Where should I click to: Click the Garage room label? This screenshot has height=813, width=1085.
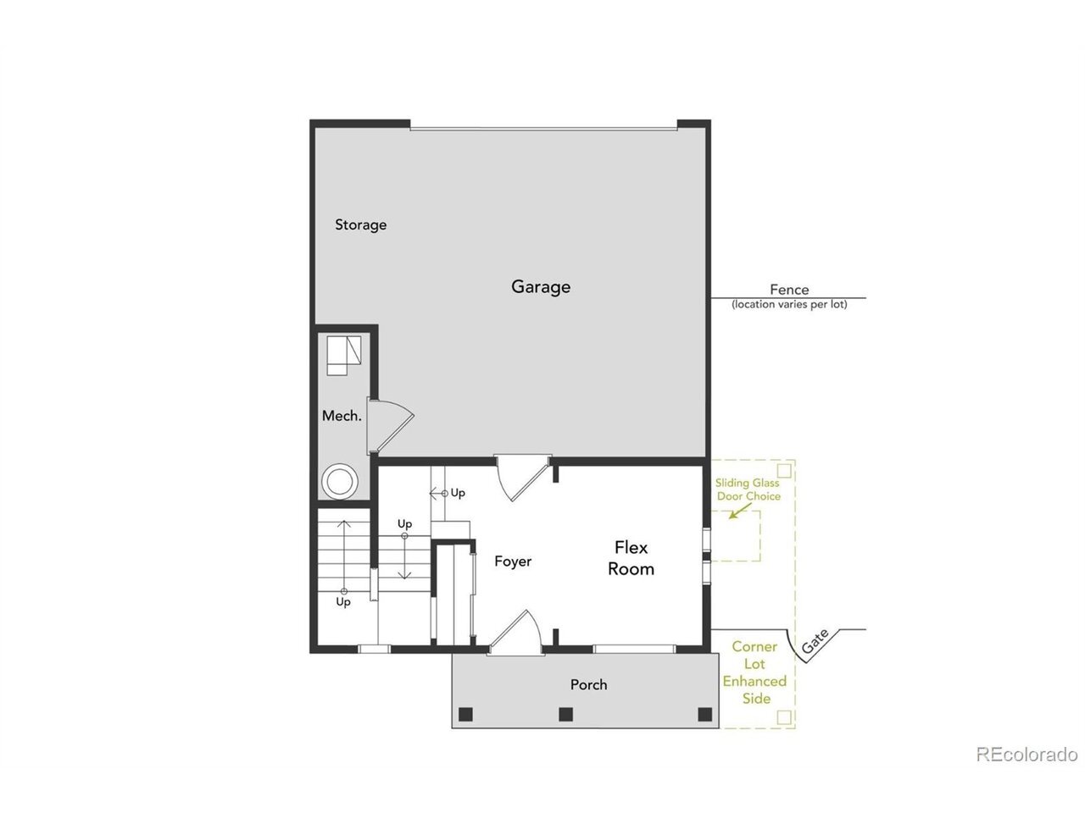pos(540,287)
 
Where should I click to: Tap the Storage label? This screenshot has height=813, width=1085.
pos(360,225)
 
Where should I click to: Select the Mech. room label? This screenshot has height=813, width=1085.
pos(341,416)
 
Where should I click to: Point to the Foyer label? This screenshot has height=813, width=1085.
pos(513,561)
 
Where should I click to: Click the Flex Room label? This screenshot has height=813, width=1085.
pos(631,558)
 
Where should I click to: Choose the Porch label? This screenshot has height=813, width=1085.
pos(588,684)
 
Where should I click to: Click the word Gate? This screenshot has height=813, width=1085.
pos(815,641)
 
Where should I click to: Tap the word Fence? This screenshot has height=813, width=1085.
pos(789,290)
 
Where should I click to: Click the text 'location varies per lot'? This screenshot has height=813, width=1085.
pos(789,305)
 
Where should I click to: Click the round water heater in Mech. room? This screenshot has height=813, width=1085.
pos(340,480)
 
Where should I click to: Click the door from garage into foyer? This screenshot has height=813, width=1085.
pos(522,478)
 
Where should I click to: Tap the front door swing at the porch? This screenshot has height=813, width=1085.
pos(515,633)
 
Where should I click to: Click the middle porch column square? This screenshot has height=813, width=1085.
pos(565,714)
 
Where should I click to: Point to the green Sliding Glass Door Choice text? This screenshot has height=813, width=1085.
pos(748,489)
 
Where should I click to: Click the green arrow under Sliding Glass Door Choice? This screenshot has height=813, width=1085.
pos(740,512)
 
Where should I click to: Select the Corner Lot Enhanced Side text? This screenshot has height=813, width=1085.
pos(754,672)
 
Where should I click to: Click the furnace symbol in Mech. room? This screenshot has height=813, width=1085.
pos(344,356)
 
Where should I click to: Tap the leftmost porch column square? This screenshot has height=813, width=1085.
pos(465,714)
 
